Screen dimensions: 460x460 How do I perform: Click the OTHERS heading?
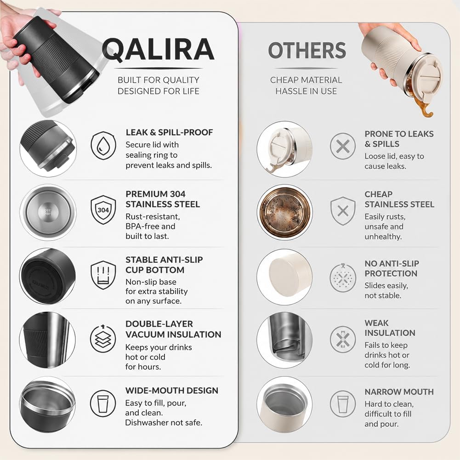307,51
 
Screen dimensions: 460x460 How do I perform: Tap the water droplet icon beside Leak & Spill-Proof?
103,146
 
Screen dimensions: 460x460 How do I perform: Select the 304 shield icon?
103,210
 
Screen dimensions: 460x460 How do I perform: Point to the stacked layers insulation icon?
102,338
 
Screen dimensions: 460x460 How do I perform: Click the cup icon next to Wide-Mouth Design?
102,403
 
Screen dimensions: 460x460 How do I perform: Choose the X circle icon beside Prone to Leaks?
343,146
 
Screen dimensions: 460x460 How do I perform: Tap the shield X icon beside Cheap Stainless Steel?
343,210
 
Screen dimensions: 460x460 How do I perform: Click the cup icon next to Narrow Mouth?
343,403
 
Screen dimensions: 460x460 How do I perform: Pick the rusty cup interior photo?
284,212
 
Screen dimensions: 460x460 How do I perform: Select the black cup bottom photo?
48,276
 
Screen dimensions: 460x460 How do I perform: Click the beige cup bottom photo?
284,277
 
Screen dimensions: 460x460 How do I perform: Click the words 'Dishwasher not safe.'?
164,422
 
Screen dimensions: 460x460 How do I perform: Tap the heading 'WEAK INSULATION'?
390,328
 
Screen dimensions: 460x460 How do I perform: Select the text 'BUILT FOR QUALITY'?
159,80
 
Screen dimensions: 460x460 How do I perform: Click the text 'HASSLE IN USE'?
306,91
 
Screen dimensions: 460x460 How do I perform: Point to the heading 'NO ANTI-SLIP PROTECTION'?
392,268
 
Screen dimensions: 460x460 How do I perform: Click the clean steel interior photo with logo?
48,212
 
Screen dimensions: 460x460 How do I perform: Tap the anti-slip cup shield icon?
103,275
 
